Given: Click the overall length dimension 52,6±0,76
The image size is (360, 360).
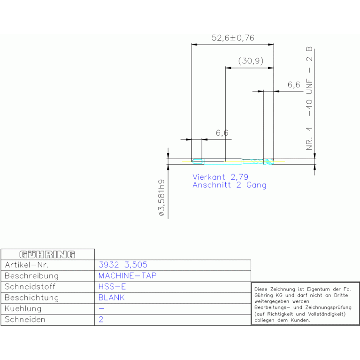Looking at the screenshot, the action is [x=233, y=38].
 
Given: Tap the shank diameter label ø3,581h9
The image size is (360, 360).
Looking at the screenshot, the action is [x=161, y=198].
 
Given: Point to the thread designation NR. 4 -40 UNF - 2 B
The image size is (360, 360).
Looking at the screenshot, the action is [x=309, y=99].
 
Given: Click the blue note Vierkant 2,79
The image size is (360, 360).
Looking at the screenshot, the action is [x=221, y=177].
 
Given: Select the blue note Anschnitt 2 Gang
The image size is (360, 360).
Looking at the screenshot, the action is [x=230, y=185].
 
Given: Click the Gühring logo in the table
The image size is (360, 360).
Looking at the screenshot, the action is [x=47, y=254].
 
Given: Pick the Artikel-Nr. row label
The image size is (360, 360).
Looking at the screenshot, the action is [x=27, y=265].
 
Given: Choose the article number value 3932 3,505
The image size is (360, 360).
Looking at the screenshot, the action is [x=123, y=265].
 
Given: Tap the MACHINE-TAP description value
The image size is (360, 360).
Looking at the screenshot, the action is [x=127, y=276].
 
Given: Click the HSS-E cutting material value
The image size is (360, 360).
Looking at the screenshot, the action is [x=112, y=286].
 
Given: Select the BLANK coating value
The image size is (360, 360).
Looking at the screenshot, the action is [x=111, y=298].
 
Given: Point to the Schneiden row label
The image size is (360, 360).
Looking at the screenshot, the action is [x=25, y=319].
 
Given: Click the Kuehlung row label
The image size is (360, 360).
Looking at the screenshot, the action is [x=23, y=309].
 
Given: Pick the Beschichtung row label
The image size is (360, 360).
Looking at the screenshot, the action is [x=32, y=298].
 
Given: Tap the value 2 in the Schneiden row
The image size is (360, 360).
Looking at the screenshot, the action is [x=101, y=319].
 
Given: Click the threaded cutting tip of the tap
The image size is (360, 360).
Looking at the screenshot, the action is [x=268, y=161].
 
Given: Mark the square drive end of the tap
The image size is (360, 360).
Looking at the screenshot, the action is [x=198, y=161].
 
